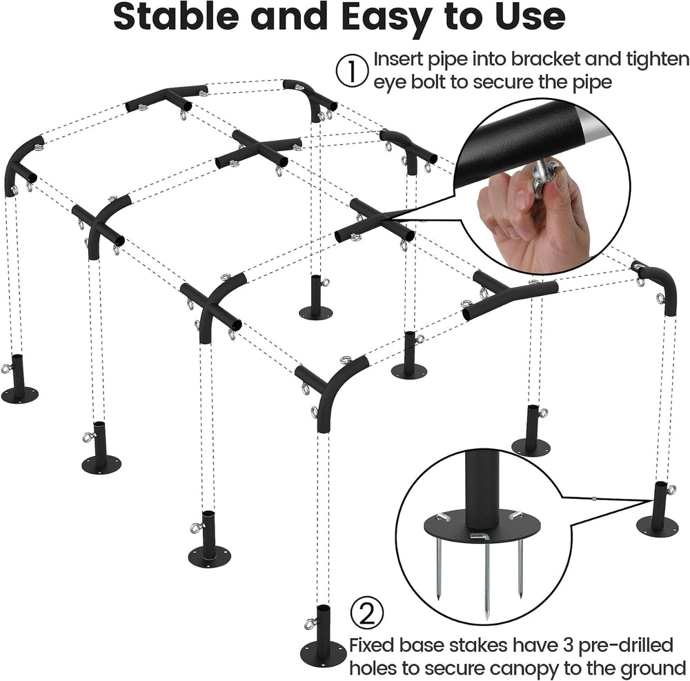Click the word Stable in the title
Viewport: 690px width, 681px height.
pos(176,17)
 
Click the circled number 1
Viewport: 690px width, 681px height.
pos(352,70)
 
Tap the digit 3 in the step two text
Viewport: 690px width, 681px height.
pos(568,646)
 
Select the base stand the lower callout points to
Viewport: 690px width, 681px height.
pos(658,511)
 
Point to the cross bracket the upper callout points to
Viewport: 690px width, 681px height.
pos(375,223)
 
